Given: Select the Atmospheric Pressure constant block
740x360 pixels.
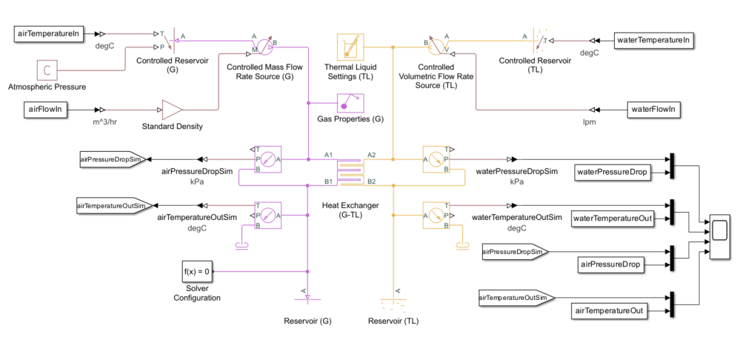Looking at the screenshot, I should pyautogui.click(x=47, y=70).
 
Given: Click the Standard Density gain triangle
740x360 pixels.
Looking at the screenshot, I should pyautogui.click(x=172, y=109).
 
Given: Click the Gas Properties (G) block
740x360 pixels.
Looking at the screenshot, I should pyautogui.click(x=349, y=103).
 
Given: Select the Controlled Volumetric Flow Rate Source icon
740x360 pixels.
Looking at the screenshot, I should pyautogui.click(x=437, y=45).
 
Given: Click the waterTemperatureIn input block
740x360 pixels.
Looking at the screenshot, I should pyautogui.click(x=655, y=40).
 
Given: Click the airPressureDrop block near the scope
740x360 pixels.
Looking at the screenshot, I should pyautogui.click(x=612, y=264).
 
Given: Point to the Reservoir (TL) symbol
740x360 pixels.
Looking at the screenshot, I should pyautogui.click(x=393, y=301).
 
